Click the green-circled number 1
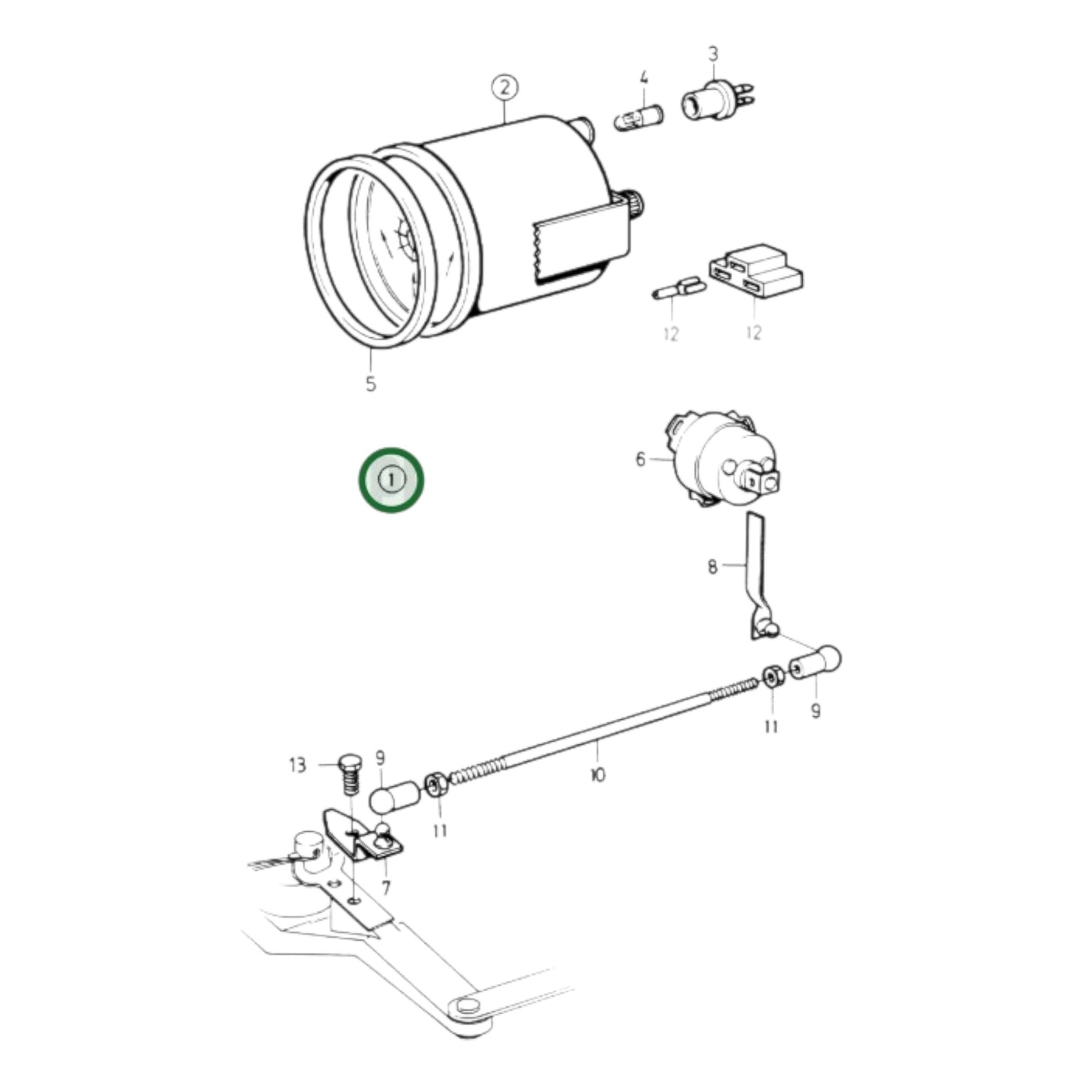[390, 480]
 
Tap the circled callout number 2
[505, 88]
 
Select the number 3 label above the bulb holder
[713, 54]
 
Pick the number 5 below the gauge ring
[370, 384]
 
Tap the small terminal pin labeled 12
[678, 288]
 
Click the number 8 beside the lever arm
[712, 566]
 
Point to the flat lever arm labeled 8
[758, 571]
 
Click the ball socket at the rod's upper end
[815, 662]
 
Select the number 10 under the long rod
[598, 774]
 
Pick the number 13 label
[297, 765]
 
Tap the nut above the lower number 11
[436, 786]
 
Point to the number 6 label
[640, 458]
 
